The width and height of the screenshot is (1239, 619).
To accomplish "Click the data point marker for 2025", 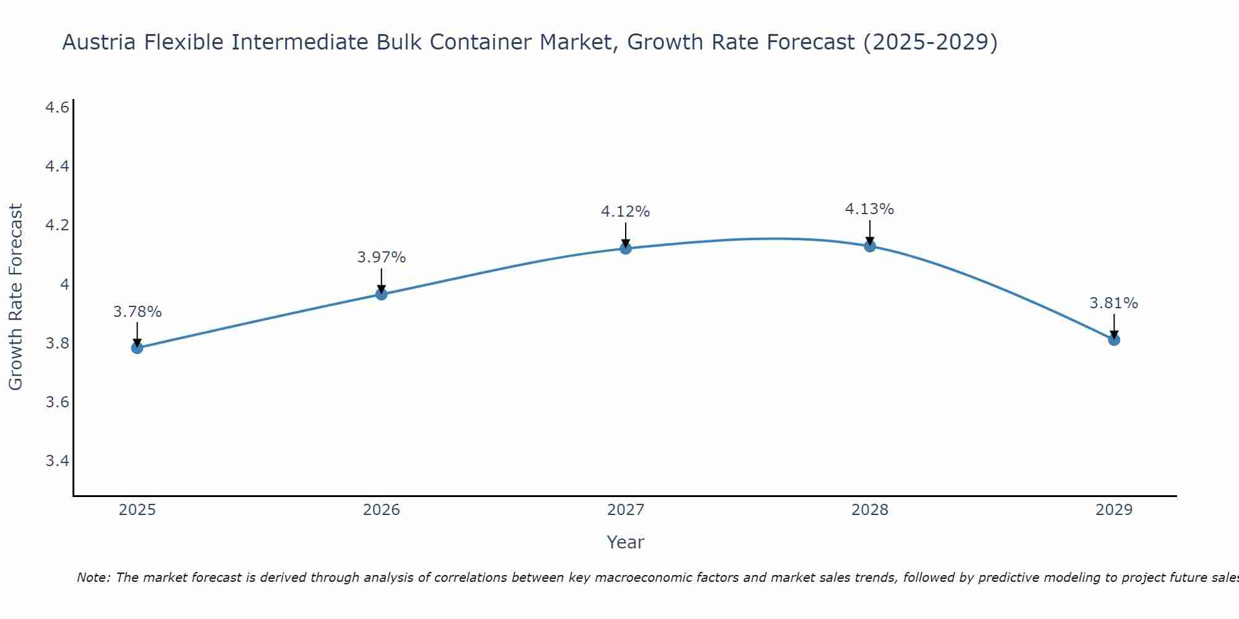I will pyautogui.click(x=137, y=348).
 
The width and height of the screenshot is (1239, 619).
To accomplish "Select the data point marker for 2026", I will pyautogui.click(x=382, y=294).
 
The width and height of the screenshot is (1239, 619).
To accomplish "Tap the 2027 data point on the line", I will pyautogui.click(x=626, y=249).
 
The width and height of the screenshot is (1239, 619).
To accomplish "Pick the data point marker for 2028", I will pyautogui.click(x=870, y=246).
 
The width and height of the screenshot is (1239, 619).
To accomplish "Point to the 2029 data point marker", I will pyautogui.click(x=1114, y=340).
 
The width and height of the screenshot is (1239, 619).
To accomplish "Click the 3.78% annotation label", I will pyautogui.click(x=137, y=312).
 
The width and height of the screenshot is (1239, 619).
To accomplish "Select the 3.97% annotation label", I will pyautogui.click(x=382, y=258).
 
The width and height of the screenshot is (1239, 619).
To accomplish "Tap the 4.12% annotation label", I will pyautogui.click(x=626, y=212).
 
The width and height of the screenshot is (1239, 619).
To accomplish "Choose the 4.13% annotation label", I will pyautogui.click(x=870, y=209).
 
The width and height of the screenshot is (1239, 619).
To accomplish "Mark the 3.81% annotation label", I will pyautogui.click(x=1114, y=303).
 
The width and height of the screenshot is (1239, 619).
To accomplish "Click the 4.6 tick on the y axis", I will pyautogui.click(x=57, y=108).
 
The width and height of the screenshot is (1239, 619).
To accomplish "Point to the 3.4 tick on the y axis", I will pyautogui.click(x=57, y=461).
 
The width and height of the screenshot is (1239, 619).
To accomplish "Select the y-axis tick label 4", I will pyautogui.click(x=64, y=285).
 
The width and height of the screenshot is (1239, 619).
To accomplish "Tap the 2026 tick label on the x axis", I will pyautogui.click(x=382, y=510).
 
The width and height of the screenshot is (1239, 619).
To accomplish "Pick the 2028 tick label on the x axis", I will pyautogui.click(x=870, y=510).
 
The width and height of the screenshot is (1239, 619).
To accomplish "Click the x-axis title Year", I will pyautogui.click(x=626, y=542).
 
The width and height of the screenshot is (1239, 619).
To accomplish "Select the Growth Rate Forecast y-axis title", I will pyautogui.click(x=15, y=297).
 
